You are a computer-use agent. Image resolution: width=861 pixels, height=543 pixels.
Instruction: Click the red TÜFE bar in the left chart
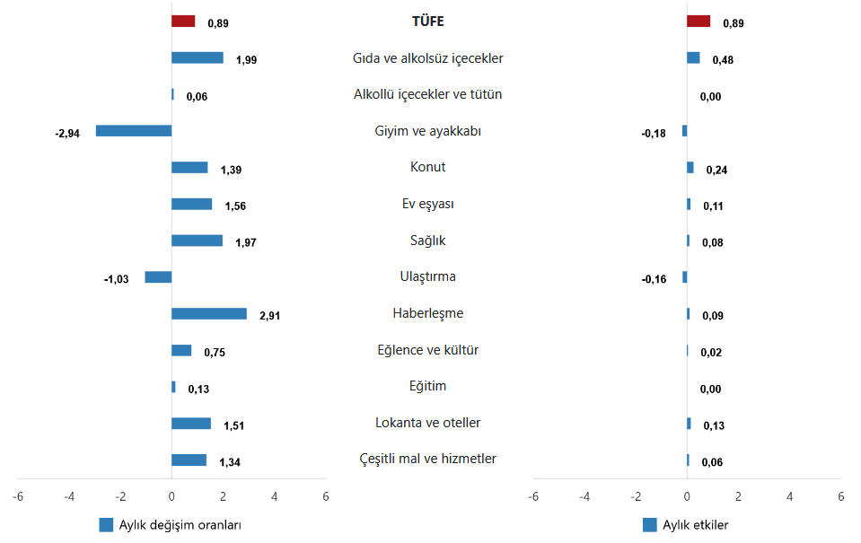(x=183, y=21)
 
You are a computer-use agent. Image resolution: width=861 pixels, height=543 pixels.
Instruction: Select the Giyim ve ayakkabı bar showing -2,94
(x=134, y=130)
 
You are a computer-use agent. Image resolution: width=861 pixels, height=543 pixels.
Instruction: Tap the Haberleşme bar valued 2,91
(x=209, y=313)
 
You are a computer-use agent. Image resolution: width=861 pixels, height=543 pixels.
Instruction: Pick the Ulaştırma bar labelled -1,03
(x=158, y=277)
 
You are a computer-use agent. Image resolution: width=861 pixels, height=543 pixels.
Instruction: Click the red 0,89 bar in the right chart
(x=698, y=21)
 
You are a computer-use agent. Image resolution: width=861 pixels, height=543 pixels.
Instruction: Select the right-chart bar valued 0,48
(x=693, y=57)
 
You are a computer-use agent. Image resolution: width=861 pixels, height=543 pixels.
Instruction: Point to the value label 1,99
(x=246, y=60)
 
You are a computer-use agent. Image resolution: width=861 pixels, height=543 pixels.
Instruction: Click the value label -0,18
(x=654, y=133)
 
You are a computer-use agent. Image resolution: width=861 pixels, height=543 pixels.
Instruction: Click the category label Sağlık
(x=427, y=241)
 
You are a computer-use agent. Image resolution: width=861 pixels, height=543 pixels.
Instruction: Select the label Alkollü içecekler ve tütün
(x=427, y=94)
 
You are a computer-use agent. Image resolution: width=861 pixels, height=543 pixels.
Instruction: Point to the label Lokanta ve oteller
(x=427, y=423)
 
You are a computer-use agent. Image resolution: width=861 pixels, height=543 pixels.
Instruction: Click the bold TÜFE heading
(x=427, y=22)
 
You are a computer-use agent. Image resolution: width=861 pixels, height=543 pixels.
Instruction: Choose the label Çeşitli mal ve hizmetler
(x=427, y=460)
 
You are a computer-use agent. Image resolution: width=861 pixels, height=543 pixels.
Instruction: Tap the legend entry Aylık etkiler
(x=694, y=525)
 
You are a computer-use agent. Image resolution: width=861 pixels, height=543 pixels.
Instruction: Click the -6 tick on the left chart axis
(x=18, y=495)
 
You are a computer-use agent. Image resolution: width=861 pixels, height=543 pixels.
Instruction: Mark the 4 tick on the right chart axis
(x=790, y=495)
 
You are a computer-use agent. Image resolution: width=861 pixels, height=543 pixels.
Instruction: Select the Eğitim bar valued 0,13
(x=173, y=387)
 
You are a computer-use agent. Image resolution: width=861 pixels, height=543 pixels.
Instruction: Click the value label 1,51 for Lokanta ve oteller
(x=233, y=425)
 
